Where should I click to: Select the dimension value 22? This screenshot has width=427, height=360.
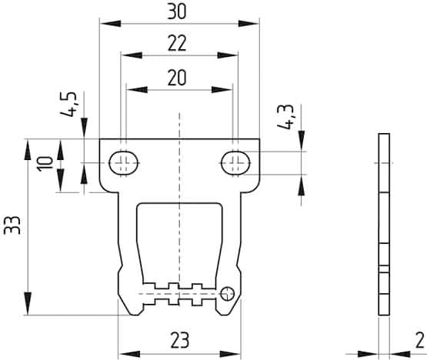[x=178, y=45]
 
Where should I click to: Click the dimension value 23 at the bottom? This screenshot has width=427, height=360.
[x=178, y=339]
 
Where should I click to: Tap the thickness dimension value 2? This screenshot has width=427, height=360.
[x=419, y=339]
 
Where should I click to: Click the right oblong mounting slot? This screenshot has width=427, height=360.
[x=235, y=162]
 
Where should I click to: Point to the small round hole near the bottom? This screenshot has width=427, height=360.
[x=227, y=292]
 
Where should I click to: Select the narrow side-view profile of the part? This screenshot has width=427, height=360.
[x=385, y=224]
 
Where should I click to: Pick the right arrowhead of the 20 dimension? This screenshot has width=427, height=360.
[x=228, y=88]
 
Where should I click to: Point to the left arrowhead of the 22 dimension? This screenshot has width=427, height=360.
[x=126, y=56]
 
